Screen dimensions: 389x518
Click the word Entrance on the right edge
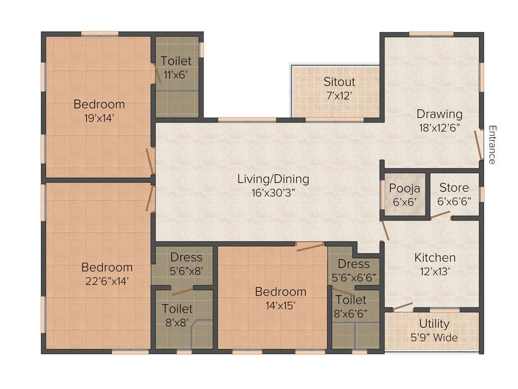tap(491, 144)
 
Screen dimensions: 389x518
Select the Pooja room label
tap(405, 194)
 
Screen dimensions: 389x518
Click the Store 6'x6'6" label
tap(454, 194)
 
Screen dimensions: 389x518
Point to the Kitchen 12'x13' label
tap(435, 264)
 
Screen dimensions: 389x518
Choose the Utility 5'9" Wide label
tap(434, 330)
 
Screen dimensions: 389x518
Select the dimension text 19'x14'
tap(99, 118)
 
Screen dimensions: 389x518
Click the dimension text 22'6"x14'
tap(107, 281)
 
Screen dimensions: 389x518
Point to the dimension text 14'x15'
tap(281, 305)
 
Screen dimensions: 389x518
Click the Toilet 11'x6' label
tap(176, 67)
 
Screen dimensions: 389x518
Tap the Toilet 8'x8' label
tap(177, 315)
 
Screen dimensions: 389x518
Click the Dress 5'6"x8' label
tap(186, 264)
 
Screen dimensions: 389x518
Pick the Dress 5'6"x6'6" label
tap(354, 270)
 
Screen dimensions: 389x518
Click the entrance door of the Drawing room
tap(479, 144)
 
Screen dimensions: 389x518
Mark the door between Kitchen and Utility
tap(403, 306)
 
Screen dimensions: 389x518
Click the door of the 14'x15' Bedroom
tap(310, 247)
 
